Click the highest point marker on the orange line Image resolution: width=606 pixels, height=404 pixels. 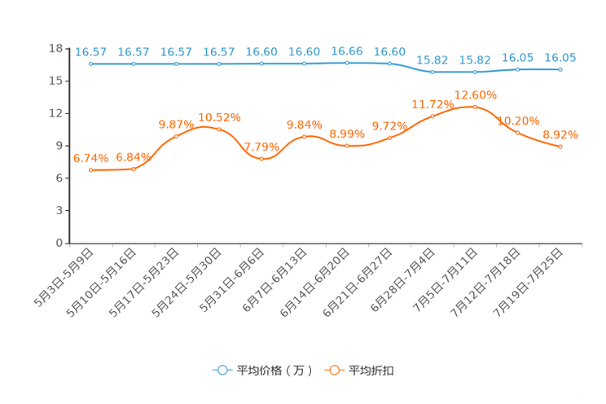tap(475, 107)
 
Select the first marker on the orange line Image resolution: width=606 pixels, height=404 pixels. tap(91, 169)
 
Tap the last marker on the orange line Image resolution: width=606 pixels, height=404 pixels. tap(560, 147)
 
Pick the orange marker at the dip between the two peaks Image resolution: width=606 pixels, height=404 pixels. tap(261, 159)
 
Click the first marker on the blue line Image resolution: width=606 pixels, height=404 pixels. tap(91, 63)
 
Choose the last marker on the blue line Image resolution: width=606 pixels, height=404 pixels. tap(560, 69)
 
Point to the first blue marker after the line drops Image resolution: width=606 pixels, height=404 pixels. tap(433, 72)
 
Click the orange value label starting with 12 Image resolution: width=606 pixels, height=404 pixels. tap(475, 94)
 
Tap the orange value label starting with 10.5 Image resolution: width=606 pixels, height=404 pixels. tap(219, 117)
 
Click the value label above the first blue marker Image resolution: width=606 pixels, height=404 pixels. tap(91, 51)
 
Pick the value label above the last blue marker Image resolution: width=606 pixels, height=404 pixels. tap(560, 57)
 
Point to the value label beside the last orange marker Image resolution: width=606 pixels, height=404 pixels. tap(560, 134)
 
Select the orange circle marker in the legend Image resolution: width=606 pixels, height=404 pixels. tap(334, 370)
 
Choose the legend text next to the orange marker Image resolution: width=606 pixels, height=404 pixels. tap(372, 371)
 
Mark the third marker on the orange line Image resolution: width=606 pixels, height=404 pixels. tap(176, 137)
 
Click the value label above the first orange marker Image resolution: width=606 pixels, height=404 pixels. tap(91, 158)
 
